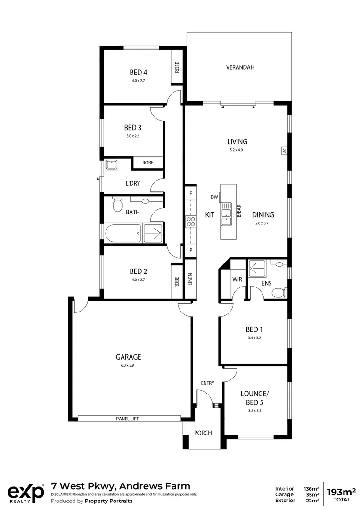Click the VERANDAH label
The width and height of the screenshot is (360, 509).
pos(240,67)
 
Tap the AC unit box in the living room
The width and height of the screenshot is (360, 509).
pos(285,151)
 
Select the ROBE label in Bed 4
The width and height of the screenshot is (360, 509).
pos(177,67)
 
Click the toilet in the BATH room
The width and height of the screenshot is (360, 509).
pos(117,205)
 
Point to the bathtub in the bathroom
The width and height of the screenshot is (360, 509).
pos(123,233)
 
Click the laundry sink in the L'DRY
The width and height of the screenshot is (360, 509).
pos(111,164)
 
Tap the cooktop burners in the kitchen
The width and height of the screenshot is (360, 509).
pos(191,222)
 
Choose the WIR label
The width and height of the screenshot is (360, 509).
pos(237,279)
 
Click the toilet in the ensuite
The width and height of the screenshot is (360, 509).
pos(278,293)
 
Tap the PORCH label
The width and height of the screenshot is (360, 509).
pos(203,433)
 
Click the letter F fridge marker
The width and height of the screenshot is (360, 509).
pos(191,194)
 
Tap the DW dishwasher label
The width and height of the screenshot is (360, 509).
pos(214,197)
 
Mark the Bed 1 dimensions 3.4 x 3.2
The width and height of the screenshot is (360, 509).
pos(254,338)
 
